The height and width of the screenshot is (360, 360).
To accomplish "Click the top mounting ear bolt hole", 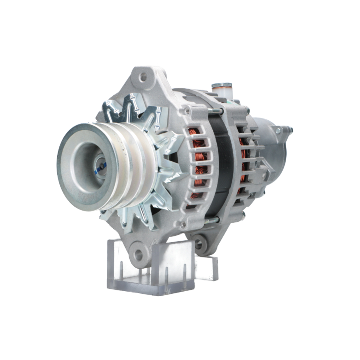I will click(143, 77).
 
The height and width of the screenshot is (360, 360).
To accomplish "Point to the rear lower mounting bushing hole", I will click(198, 242).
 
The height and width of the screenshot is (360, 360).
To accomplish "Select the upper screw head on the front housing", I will click(186, 111).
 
